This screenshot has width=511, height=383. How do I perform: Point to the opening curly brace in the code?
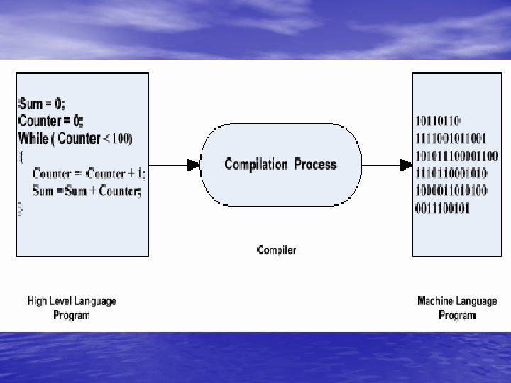pos(21,156)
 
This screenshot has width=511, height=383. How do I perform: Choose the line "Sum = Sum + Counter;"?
pos(87,191)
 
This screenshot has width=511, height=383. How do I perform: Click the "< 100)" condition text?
pos(118,138)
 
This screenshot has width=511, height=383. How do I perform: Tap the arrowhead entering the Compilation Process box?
pos(194,165)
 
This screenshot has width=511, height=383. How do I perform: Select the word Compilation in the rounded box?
pos(255,165)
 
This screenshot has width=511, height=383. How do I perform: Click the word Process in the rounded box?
pos(315,165)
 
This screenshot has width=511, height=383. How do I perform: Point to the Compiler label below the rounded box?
pos(276,250)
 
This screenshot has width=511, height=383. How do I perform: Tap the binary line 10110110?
pos(439,120)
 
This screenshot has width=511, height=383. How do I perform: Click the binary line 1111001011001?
pos(451,138)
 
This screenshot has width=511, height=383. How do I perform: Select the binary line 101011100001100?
pos(456,155)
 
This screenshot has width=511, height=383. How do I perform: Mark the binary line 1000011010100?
pos(451,191)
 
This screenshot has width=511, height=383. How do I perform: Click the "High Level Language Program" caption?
pos(72,308)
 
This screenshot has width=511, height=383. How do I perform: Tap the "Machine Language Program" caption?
pos(457,308)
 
